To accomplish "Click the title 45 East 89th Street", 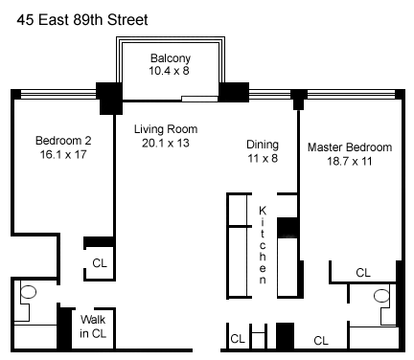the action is (x=82, y=20).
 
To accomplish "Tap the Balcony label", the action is (x=171, y=58).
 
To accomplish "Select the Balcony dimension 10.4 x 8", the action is (x=169, y=71).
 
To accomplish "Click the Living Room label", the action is (x=166, y=129).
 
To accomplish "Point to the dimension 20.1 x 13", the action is (x=166, y=143).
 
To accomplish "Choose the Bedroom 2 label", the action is (x=63, y=141).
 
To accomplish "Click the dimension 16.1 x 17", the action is (x=63, y=154).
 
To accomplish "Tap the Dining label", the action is (x=263, y=145).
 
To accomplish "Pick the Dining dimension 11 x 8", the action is (x=263, y=158).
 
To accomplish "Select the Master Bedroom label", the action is (x=350, y=147).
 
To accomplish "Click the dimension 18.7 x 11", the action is (x=349, y=161).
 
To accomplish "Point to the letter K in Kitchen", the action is (x=263, y=211).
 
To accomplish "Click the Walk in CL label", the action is (x=93, y=326).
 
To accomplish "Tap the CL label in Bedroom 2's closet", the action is (x=100, y=263).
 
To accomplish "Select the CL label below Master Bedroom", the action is (x=363, y=273).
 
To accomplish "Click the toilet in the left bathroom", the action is (x=28, y=292).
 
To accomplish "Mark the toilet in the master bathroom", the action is (x=381, y=296).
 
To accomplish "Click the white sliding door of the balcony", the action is (x=200, y=99).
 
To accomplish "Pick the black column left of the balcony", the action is (x=109, y=99).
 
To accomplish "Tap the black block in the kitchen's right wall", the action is (x=287, y=228).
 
